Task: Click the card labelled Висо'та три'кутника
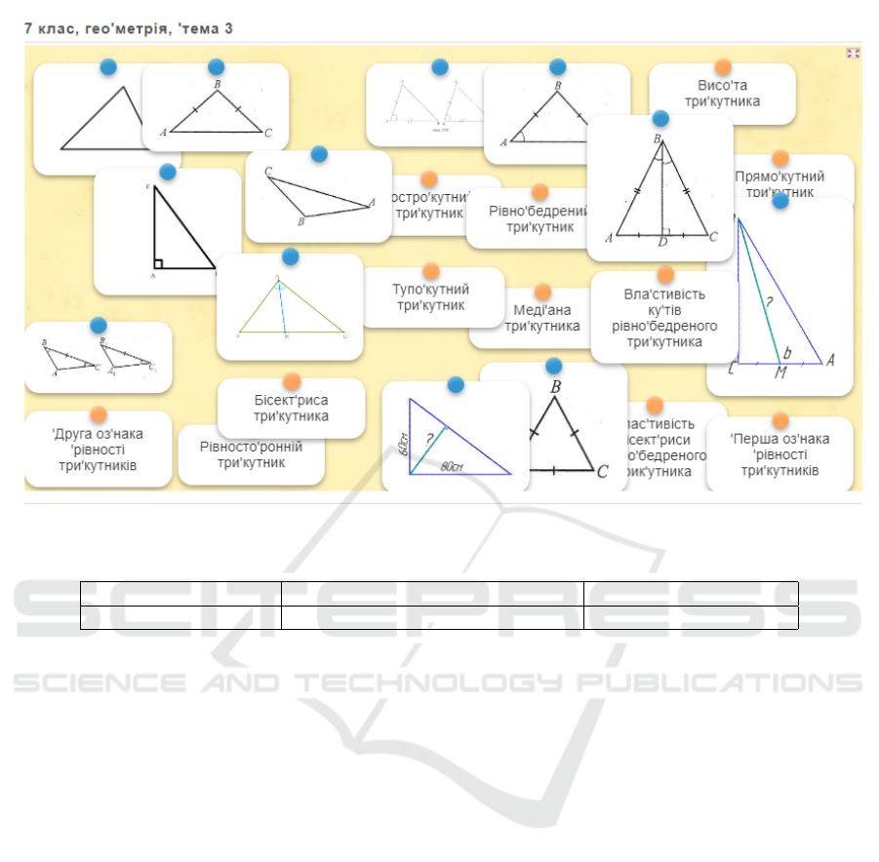(722, 95)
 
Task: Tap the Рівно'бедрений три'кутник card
(539, 218)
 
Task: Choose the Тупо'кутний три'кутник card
(431, 297)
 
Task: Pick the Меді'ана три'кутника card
(541, 318)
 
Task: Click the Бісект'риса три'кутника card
(291, 408)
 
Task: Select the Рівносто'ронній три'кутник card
(251, 454)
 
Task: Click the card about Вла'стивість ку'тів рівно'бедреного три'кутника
(664, 317)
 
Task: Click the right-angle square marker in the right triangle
(159, 262)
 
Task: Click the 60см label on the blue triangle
(402, 444)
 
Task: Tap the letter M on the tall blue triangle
(779, 372)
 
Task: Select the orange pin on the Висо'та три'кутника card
(723, 67)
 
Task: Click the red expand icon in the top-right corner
(853, 54)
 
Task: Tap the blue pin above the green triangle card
(290, 256)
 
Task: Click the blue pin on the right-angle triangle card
(168, 172)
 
